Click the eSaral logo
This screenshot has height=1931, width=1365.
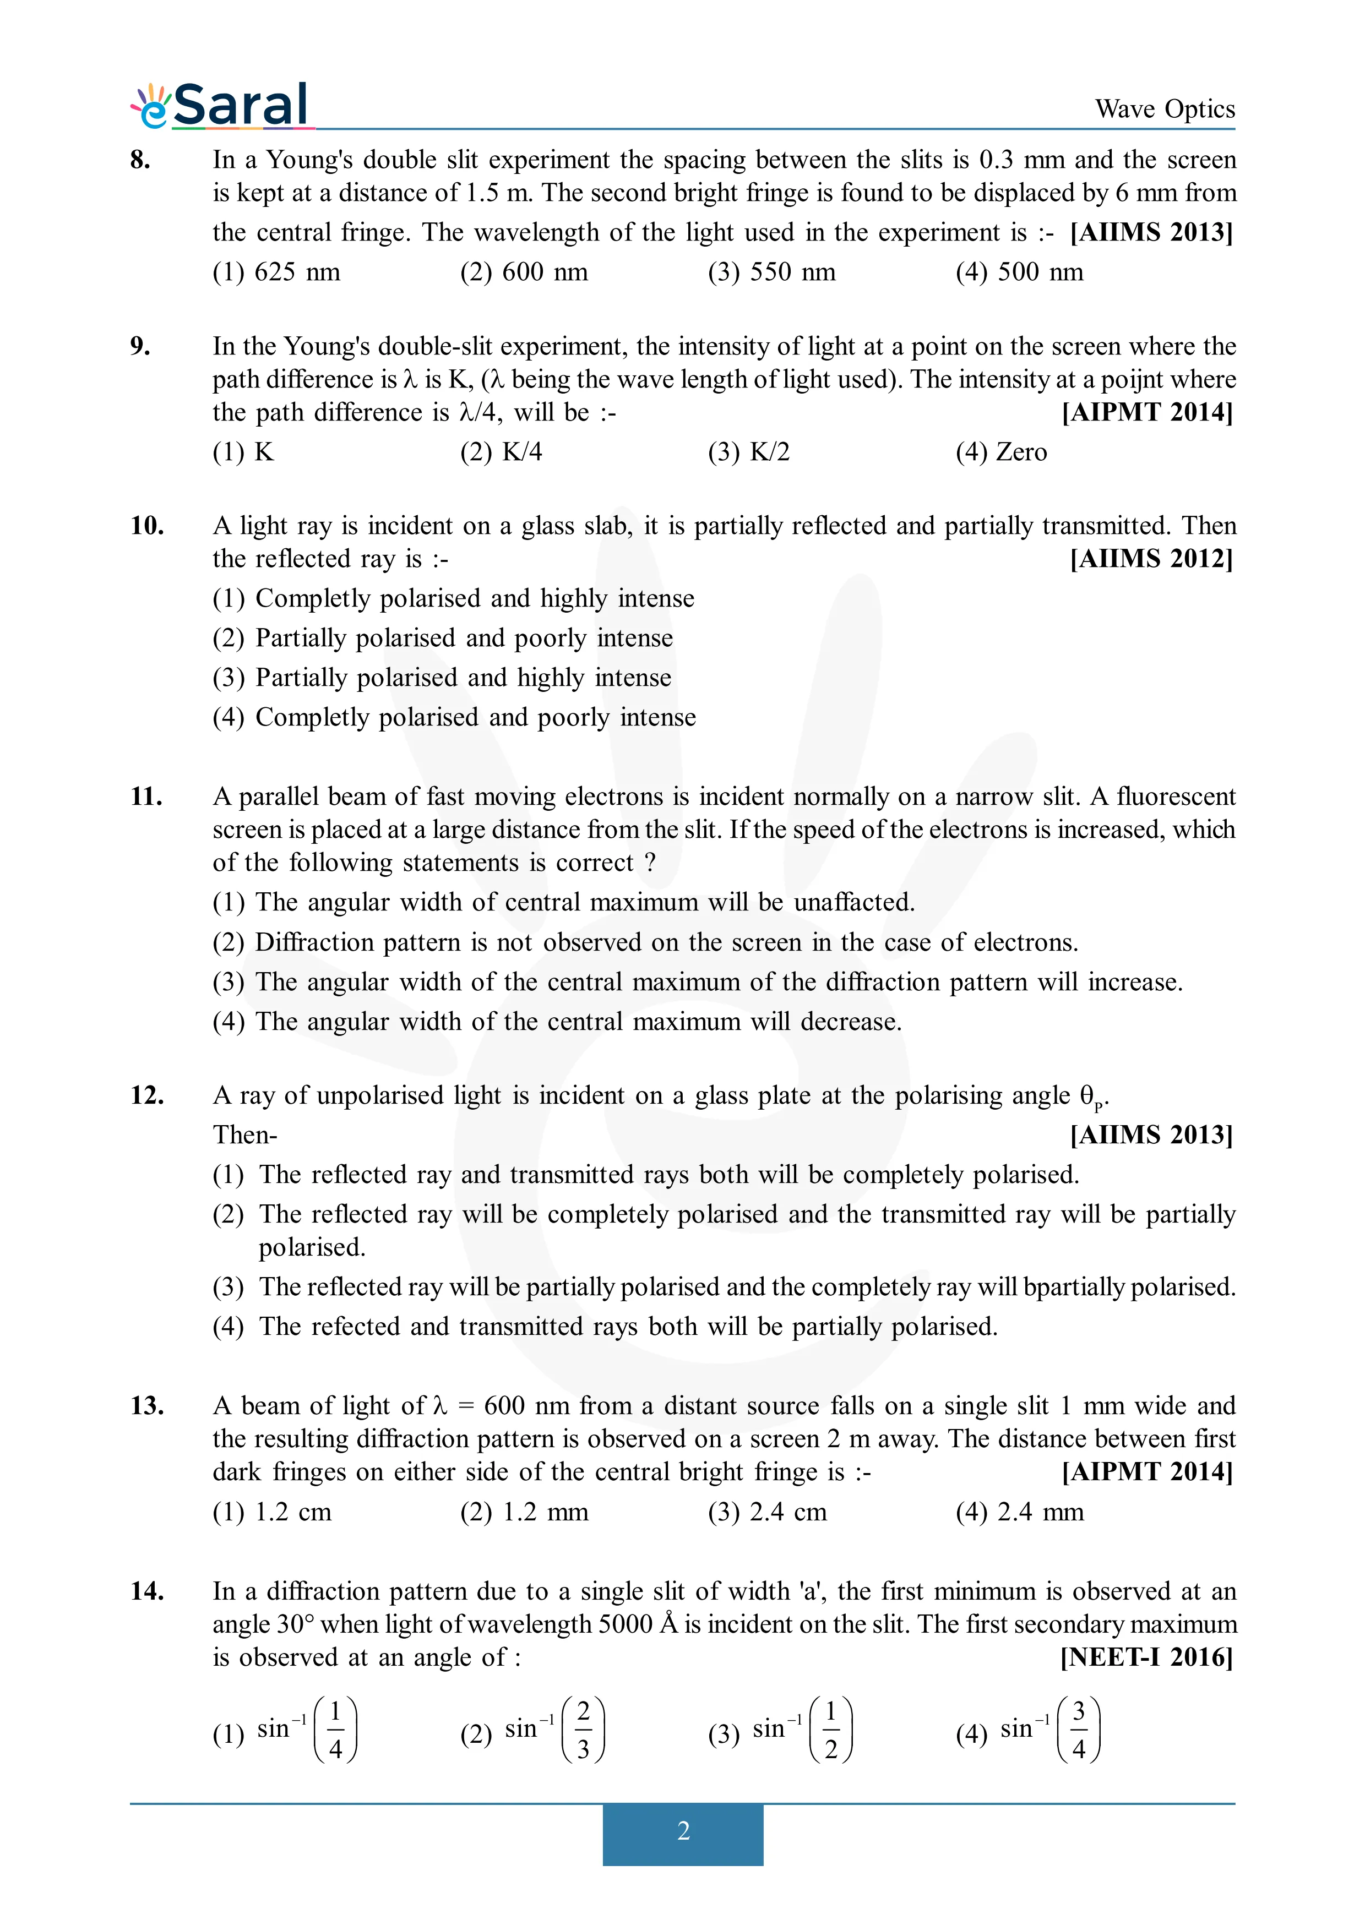[221, 106]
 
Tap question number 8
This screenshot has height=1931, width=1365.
[140, 160]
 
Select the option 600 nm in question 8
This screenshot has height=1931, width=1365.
[524, 272]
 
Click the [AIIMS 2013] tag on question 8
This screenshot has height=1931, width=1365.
[1151, 233]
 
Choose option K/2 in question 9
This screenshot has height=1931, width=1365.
[748, 452]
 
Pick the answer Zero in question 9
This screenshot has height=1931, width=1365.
[1001, 452]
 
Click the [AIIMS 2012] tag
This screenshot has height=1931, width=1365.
[1151, 559]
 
